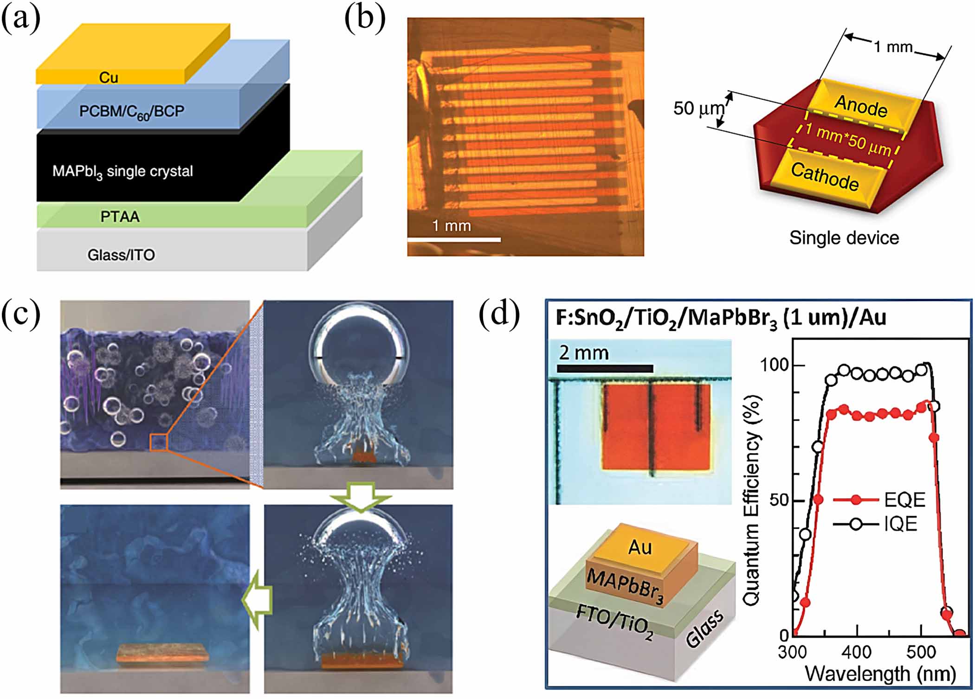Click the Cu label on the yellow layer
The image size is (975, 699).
pos(109,77)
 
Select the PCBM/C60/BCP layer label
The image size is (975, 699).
pos(132,111)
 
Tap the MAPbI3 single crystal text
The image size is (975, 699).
pos(123,172)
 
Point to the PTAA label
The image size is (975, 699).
pos(120,217)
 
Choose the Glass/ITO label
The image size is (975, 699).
pos(121,255)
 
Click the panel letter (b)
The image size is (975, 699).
pos(365,19)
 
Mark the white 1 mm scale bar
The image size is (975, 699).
pos(454,240)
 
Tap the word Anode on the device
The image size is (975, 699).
pos(861,106)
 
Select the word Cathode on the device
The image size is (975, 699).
pos(825,177)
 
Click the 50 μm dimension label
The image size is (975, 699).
pos(698,109)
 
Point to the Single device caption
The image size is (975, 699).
pos(844,238)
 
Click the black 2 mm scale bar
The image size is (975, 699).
pos(605,369)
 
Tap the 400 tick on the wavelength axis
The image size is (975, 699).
pos(857,652)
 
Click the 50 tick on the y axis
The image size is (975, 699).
pos(779,500)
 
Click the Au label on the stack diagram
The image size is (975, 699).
pos(640,547)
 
